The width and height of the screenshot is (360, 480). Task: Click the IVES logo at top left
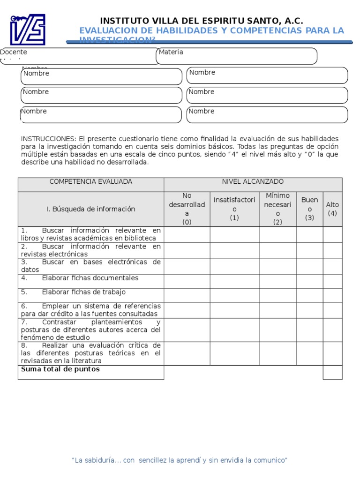click(28, 29)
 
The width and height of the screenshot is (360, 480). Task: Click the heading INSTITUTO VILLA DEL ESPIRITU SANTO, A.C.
click(202, 21)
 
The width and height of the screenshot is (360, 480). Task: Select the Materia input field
click(237, 56)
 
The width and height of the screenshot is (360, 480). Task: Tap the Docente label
click(14, 52)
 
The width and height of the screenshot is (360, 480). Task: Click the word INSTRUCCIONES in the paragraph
click(48, 139)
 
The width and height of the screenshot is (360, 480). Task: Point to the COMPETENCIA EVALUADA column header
click(91, 181)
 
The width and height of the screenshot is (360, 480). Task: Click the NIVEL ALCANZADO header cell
click(253, 181)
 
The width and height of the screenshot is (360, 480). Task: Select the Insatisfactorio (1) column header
click(234, 209)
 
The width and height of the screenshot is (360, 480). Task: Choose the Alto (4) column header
click(332, 209)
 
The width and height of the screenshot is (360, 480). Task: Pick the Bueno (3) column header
click(309, 209)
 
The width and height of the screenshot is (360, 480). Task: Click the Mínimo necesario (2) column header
click(277, 209)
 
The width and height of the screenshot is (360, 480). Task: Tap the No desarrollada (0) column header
click(187, 209)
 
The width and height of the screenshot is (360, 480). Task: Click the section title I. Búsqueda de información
click(90, 209)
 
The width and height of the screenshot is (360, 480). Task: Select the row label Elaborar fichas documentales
click(90, 278)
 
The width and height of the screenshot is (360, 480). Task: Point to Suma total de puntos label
click(60, 369)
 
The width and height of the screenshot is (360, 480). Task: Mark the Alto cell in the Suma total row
click(332, 372)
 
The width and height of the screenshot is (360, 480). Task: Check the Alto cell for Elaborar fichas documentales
click(332, 281)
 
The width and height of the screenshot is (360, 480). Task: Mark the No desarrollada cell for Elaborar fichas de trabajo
click(187, 295)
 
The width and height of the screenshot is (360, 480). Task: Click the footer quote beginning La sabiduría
click(180, 460)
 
